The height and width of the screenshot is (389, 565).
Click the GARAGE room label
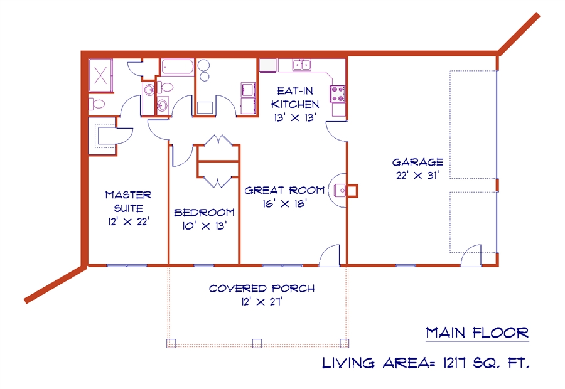[417, 162]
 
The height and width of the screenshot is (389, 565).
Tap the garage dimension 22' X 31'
[417, 176]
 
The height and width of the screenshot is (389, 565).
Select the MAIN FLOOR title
[477, 333]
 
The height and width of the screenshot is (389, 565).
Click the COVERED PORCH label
[262, 289]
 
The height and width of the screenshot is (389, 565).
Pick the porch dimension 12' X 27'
[262, 302]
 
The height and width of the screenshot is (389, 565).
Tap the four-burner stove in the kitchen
[337, 94]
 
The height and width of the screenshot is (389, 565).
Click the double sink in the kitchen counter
[302, 65]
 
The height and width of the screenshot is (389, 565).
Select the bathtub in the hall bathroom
[177, 67]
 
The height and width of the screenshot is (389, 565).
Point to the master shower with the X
[100, 76]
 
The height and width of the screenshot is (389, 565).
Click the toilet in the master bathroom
[97, 104]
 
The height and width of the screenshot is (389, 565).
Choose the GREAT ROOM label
[284, 190]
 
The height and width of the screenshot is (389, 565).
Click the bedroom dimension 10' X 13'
[204, 226]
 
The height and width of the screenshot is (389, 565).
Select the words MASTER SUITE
[129, 201]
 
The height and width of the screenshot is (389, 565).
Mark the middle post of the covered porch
[257, 343]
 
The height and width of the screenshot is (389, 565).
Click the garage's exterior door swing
[471, 256]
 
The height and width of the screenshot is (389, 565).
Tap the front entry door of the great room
[330, 256]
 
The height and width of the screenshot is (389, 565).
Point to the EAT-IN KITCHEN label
[295, 97]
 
